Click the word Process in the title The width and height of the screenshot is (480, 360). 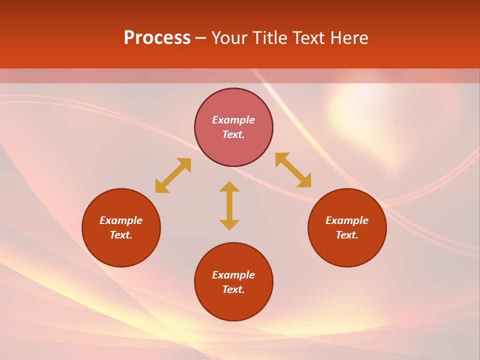pos(157,38)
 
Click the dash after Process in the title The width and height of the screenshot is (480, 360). pos(201,38)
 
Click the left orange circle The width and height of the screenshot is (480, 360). pos(121,250)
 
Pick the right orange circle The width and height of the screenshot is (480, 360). pos(347,250)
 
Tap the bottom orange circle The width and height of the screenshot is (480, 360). pos(233,305)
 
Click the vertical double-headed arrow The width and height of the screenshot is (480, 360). pos(229,205)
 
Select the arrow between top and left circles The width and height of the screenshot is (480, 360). pos(173,175)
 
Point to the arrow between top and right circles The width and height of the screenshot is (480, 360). pos(293,170)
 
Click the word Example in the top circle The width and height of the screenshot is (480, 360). pos(233,120)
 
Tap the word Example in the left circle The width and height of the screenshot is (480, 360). pos(121,220)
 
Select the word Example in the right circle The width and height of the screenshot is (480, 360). pos(347,220)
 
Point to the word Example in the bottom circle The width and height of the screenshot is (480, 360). pos(233,275)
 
